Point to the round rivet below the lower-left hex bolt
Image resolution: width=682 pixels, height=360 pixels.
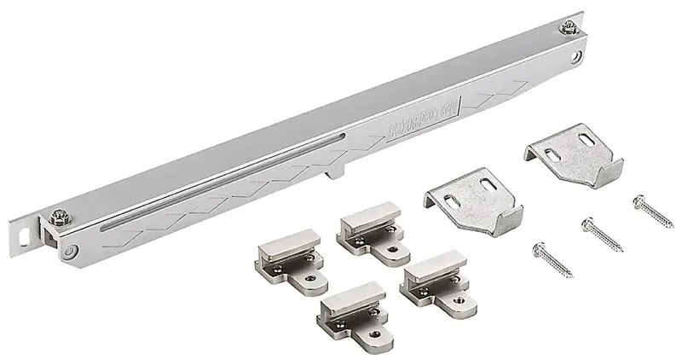click(x=71, y=250)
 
